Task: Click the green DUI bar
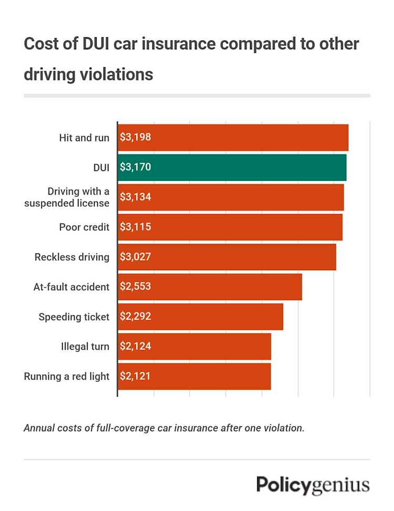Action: (x=232, y=167)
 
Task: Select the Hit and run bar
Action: (x=233, y=137)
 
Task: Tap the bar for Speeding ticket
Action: (x=200, y=317)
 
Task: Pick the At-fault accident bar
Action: (x=210, y=287)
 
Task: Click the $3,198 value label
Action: (x=136, y=137)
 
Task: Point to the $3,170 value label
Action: (x=136, y=167)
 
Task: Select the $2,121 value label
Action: (x=136, y=376)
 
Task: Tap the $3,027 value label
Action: (x=136, y=257)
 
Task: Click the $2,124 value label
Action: (x=136, y=346)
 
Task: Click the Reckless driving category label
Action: (x=72, y=257)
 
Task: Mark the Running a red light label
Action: (x=67, y=376)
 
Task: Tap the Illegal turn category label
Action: (x=85, y=346)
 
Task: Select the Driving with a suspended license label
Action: (x=67, y=197)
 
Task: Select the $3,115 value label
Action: (x=136, y=227)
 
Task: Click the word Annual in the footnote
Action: (x=38, y=428)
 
